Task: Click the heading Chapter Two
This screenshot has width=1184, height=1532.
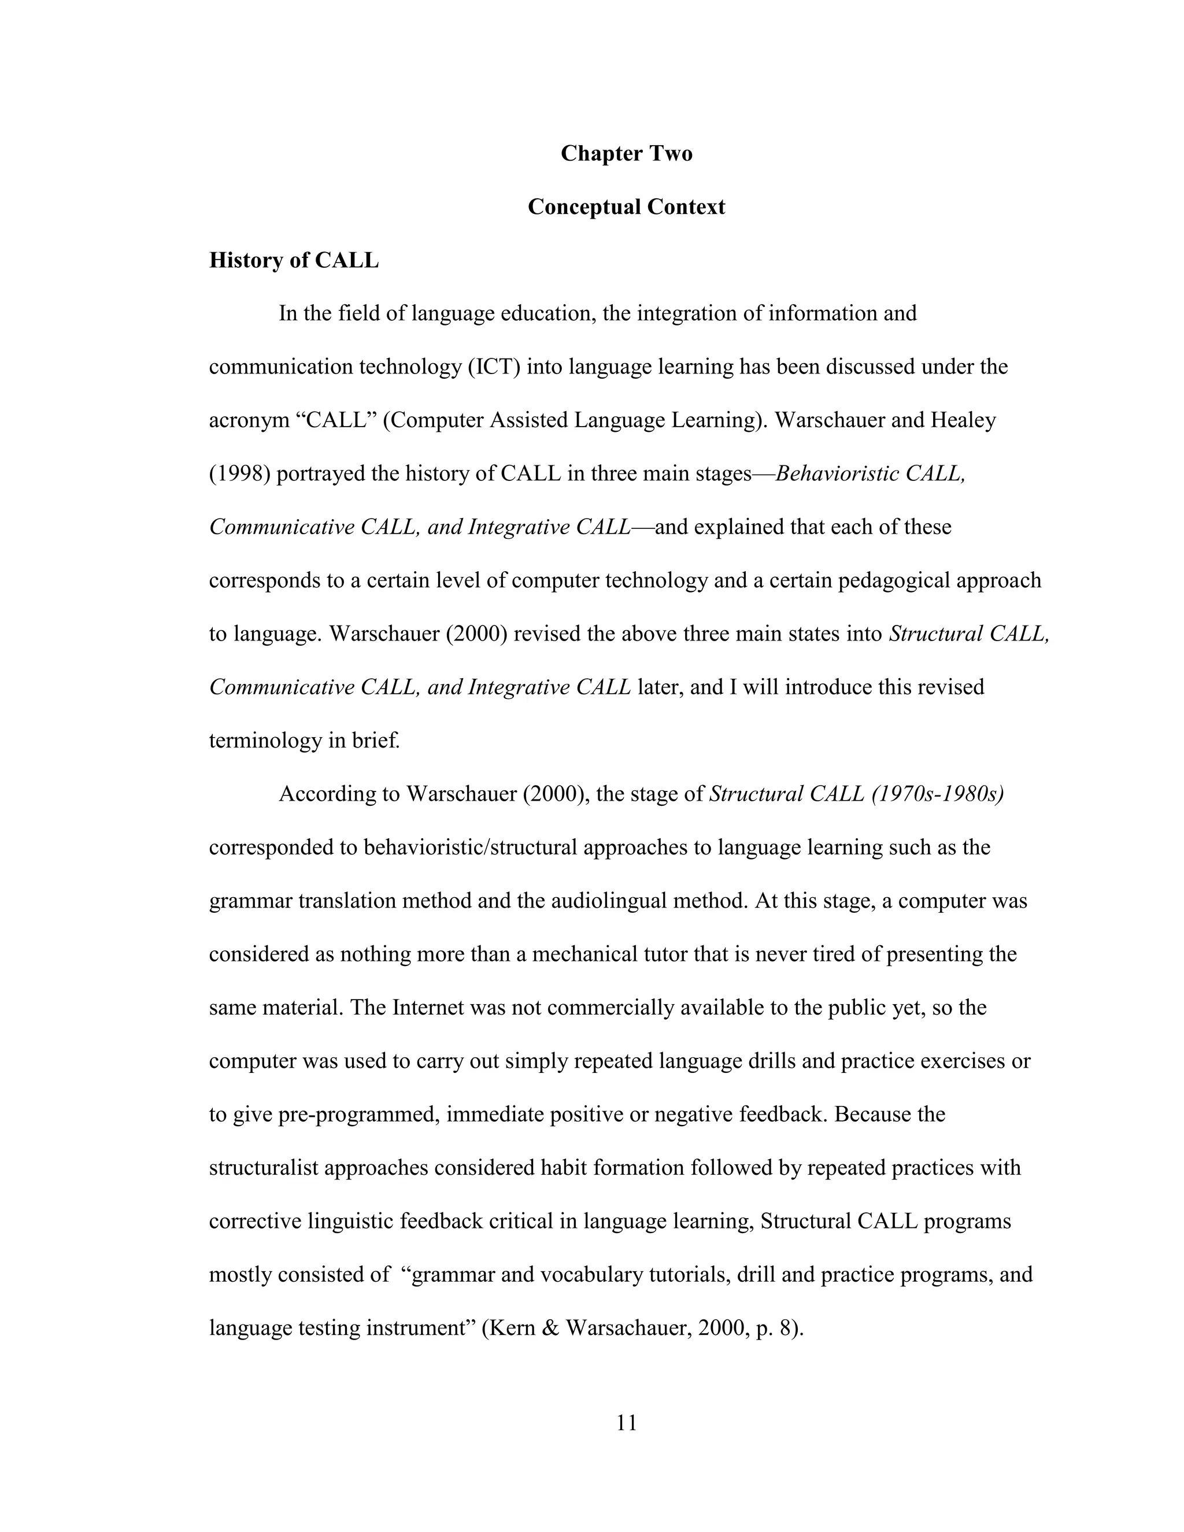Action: pyautogui.click(x=626, y=154)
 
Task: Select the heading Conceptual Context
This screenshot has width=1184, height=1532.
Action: pyautogui.click(x=626, y=207)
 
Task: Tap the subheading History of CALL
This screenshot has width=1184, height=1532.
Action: pyautogui.click(x=293, y=260)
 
